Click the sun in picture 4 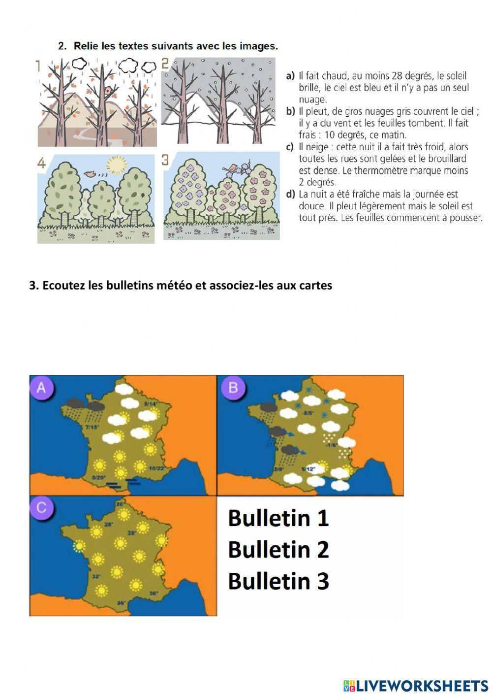point(117,165)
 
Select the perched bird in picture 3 point(230,168)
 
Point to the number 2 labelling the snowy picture point(165,64)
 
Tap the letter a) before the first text point(290,76)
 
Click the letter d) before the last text point(290,194)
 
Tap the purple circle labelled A point(42,388)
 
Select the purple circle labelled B point(233,388)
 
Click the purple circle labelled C point(42,507)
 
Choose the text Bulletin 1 point(278,518)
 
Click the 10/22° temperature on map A point(156,468)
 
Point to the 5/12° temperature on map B point(307,468)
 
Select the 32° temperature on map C point(96,576)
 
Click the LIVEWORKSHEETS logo point(416,685)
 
